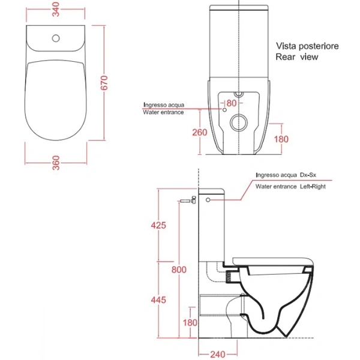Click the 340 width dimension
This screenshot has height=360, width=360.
(x=56, y=10)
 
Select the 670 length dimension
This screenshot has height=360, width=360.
(x=104, y=83)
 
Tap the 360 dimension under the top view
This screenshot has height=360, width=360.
(x=56, y=163)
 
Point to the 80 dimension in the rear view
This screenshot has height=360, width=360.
(x=232, y=103)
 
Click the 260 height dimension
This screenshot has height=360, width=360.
(x=200, y=133)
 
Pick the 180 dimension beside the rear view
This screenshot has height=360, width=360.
(x=281, y=139)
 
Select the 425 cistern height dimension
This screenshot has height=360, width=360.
(x=158, y=225)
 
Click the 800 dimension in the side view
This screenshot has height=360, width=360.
(x=179, y=269)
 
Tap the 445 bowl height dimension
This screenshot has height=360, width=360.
(x=158, y=300)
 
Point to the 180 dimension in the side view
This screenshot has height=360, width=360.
(x=190, y=323)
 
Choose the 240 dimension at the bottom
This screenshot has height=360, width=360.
(x=218, y=355)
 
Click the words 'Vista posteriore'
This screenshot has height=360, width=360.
(x=307, y=46)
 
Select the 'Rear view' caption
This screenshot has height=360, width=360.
(x=297, y=57)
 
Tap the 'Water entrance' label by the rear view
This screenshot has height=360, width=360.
(x=163, y=112)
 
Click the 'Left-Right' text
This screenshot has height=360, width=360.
(x=313, y=187)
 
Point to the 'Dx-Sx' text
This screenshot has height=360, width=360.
(x=308, y=175)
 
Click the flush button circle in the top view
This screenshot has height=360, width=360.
(x=56, y=38)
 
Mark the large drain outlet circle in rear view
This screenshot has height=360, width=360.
(x=239, y=122)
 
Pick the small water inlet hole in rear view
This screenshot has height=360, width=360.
(x=224, y=110)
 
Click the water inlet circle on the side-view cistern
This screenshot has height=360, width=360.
(x=208, y=200)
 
